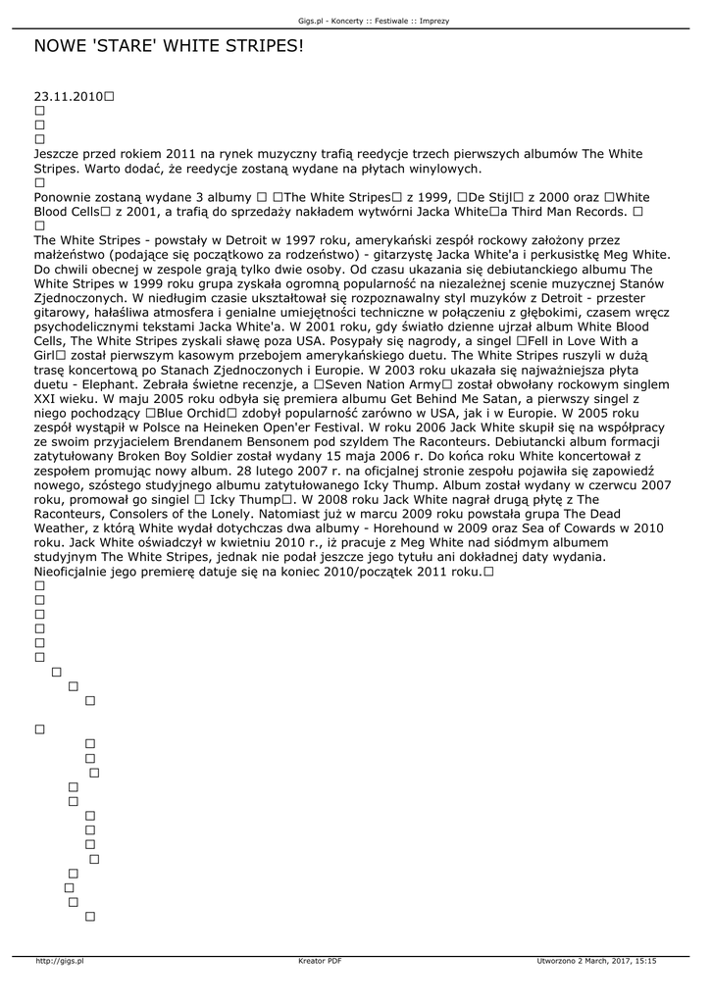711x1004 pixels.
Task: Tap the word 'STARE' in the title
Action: click(139, 46)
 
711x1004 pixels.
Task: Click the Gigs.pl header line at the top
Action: click(355, 21)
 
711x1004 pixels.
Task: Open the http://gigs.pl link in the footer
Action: click(60, 961)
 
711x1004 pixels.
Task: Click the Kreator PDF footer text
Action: click(320, 961)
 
